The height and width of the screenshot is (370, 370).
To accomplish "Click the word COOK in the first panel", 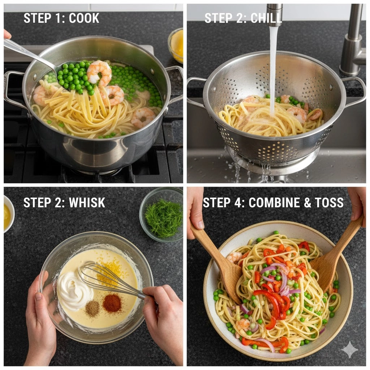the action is point(84,18).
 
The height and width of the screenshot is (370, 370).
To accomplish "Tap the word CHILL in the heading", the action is point(266,18).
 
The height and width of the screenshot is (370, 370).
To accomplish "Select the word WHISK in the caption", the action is point(87,202).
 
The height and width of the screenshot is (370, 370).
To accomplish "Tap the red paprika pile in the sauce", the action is point(112,302).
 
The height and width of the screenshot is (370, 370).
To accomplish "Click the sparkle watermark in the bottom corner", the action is point(350,350).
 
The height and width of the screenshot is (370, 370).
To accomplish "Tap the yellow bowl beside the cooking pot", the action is point(176,46).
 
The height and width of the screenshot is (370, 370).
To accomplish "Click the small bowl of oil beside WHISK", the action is point(9,214).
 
